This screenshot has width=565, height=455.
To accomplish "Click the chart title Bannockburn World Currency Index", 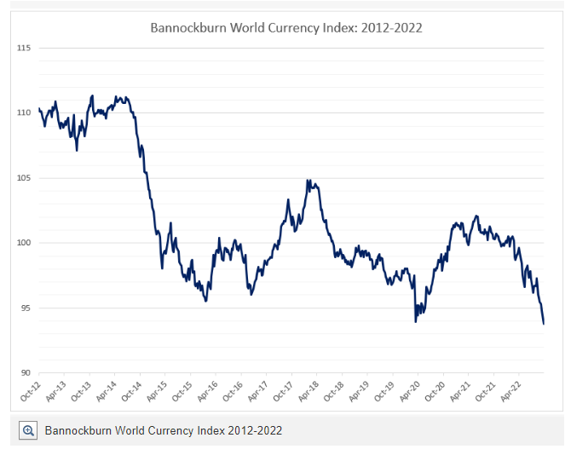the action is pyautogui.click(x=286, y=28).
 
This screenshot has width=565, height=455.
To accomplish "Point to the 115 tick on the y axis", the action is pyautogui.click(x=24, y=48).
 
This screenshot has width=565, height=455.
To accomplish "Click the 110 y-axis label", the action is pyautogui.click(x=24, y=112).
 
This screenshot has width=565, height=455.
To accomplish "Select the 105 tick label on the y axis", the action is pyautogui.click(x=24, y=178).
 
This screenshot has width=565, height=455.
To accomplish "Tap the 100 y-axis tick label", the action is pyautogui.click(x=24, y=243).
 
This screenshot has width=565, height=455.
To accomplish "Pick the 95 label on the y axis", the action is pyautogui.click(x=26, y=308).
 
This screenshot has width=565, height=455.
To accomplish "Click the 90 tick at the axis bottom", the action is pyautogui.click(x=26, y=373).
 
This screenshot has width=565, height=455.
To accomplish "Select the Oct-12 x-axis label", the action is pyautogui.click(x=31, y=392).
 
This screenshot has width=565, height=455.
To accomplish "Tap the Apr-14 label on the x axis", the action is pyautogui.click(x=107, y=392).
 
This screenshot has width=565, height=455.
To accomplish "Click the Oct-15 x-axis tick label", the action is pyautogui.click(x=182, y=392).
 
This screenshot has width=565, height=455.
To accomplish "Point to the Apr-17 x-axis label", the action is pyautogui.click(x=258, y=392).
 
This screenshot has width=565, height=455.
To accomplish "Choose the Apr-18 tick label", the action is pyautogui.click(x=308, y=392).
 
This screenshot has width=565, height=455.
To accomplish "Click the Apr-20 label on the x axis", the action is pyautogui.click(x=410, y=392).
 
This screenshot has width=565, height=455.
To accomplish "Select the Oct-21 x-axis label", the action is pyautogui.click(x=486, y=392).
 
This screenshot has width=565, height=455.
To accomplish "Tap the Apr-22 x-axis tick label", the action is pyautogui.click(x=510, y=392).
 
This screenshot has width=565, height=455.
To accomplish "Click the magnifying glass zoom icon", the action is pyautogui.click(x=28, y=430).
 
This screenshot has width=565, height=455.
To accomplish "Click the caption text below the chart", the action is pyautogui.click(x=164, y=430).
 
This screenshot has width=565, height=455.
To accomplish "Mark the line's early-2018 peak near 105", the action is pyautogui.click(x=308, y=180).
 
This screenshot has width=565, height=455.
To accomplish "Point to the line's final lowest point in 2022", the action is pyautogui.click(x=544, y=324).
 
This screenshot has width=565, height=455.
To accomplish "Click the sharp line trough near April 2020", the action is pyautogui.click(x=416, y=322).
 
